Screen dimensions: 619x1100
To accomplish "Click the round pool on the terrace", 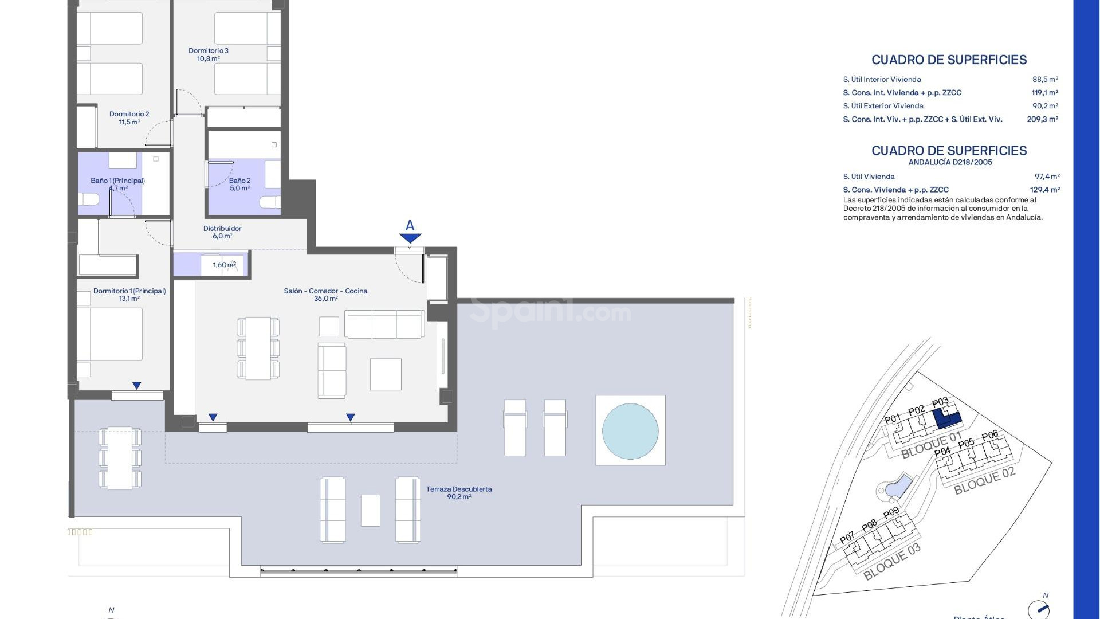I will [630, 431].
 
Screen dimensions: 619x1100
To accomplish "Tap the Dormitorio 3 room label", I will [209, 54].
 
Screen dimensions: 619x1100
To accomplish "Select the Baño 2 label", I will [239, 184].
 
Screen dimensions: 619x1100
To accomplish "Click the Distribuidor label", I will [222, 232].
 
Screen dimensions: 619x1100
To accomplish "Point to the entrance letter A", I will [410, 226].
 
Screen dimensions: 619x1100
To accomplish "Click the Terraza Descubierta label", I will [459, 493].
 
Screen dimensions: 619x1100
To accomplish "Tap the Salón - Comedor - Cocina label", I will [325, 295].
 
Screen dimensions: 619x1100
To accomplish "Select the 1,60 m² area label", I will [224, 265].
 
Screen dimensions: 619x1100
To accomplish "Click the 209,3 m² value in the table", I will [1042, 119].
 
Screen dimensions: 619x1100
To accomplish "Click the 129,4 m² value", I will [1044, 190].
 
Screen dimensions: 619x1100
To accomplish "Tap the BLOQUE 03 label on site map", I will [891, 562].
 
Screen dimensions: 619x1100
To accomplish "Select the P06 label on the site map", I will [990, 436].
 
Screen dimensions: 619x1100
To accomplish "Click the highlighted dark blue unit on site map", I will [946, 420].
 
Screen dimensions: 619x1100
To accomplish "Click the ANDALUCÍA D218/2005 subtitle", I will [950, 162].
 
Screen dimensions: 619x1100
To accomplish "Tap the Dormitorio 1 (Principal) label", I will [129, 295].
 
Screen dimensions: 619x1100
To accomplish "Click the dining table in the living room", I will [258, 348].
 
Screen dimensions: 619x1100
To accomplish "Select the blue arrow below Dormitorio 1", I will [136, 386].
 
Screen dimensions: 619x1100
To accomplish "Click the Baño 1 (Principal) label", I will [117, 184].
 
